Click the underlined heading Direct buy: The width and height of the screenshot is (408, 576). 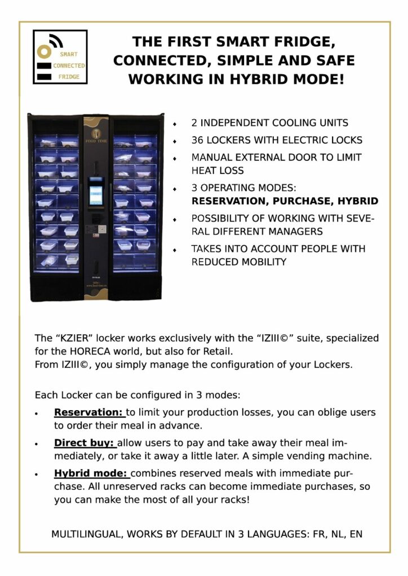84,443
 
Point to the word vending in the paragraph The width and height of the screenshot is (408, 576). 300,455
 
